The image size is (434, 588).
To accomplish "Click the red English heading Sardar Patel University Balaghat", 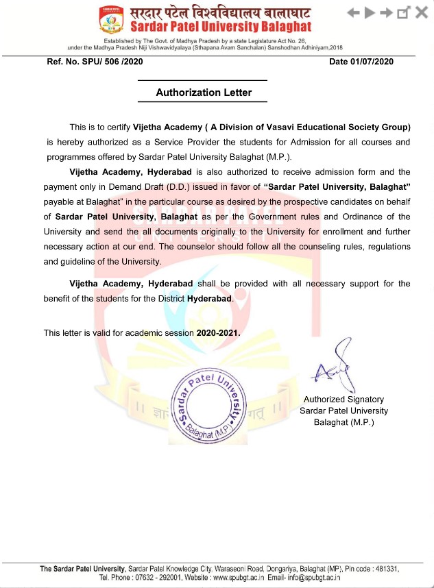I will click(x=221, y=27).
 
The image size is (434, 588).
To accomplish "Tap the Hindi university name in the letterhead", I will click(x=221, y=12).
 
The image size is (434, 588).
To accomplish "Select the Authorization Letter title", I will click(x=204, y=92).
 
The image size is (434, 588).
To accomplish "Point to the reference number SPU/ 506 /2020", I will click(x=95, y=62).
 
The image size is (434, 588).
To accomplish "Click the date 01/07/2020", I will click(x=374, y=62).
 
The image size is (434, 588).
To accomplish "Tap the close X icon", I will click(x=421, y=12).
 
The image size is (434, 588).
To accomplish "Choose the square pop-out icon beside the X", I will click(x=404, y=12).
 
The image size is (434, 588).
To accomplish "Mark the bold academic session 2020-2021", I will click(x=218, y=332).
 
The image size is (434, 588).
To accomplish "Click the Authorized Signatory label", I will click(x=343, y=399).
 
